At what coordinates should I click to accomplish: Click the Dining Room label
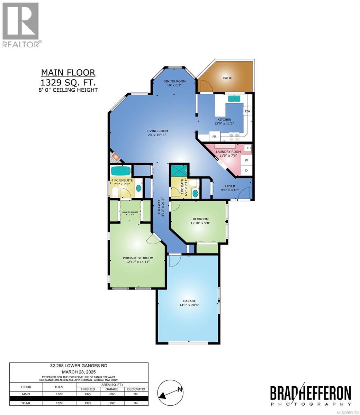tap(174, 81)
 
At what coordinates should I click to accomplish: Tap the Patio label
tap(228, 78)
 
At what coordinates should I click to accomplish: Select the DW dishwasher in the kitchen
tap(247, 111)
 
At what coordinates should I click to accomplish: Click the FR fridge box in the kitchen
tap(214, 137)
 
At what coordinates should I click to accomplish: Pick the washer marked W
tap(246, 160)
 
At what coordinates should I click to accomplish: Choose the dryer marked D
tap(246, 170)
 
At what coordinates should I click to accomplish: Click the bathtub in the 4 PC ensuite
tap(121, 171)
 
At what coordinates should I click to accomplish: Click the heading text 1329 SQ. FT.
tap(68, 82)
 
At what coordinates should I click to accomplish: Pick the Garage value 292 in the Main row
tap(112, 394)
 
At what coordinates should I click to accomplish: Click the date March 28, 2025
tap(79, 372)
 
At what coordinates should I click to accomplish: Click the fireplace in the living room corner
tap(115, 157)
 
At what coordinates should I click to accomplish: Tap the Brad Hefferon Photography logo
tap(310, 396)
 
